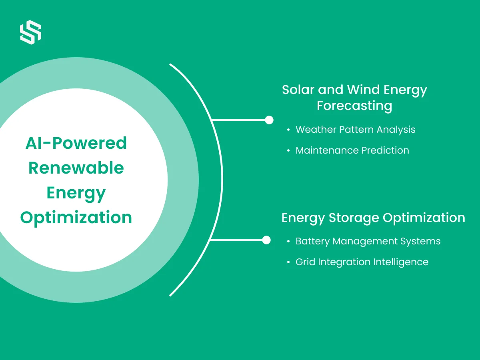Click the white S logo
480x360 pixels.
[x=31, y=32]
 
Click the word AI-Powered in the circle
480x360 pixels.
[x=76, y=143]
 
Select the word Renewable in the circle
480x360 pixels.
[x=76, y=168]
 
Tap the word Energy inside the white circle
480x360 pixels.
[x=76, y=194]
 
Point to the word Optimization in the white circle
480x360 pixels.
[x=76, y=218]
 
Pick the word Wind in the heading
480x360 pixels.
[x=363, y=90]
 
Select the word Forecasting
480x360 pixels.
[x=354, y=106]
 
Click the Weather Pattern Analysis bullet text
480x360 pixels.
[x=356, y=130]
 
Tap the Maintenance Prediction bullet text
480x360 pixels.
[x=352, y=150]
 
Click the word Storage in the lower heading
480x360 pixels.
[x=354, y=218]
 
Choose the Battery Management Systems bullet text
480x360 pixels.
[x=368, y=242]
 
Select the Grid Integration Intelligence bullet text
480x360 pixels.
[x=362, y=262]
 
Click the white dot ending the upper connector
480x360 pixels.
[x=269, y=120]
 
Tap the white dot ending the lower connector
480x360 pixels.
[x=266, y=240]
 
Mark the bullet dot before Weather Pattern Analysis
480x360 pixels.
[x=288, y=130]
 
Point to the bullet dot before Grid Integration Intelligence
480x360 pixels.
[x=288, y=262]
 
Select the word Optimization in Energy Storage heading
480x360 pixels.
[x=424, y=218]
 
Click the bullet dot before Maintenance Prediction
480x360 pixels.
[x=288, y=151]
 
